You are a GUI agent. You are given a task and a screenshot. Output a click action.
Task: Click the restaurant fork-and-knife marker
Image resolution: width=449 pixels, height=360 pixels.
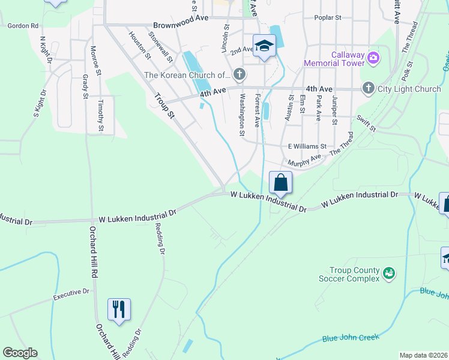coord(119,310)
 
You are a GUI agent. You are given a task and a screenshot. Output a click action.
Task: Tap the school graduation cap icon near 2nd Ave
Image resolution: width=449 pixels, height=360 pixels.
coord(264,46)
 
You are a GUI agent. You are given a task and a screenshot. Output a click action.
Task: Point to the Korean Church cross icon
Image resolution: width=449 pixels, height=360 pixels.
coord(240,75)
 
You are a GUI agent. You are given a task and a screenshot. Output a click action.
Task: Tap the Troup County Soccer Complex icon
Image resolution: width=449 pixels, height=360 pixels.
coord(388,274)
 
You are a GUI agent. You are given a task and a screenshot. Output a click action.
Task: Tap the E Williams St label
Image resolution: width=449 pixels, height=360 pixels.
coord(307,146)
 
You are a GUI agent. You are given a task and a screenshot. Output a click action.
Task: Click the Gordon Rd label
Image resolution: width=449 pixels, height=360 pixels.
coord(23,26)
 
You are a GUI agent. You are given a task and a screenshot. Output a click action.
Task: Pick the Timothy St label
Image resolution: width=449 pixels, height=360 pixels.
coord(101,116)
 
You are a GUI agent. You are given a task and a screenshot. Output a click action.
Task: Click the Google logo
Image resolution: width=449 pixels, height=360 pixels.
coord(20,353)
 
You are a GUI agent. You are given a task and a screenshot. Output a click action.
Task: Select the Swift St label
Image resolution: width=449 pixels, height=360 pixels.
coord(365,124)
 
